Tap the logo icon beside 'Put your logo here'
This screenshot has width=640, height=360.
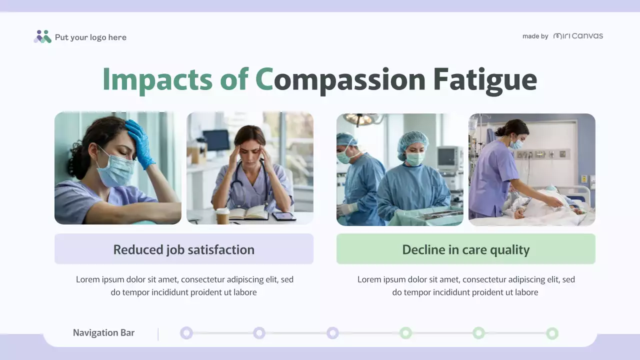point(42,36)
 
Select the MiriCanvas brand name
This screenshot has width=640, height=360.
point(578,36)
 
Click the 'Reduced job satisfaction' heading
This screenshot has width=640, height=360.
point(183,249)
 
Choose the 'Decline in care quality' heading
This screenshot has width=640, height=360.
point(465,249)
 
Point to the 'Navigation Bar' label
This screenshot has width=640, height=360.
point(103,333)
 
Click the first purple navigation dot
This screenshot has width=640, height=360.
point(186,333)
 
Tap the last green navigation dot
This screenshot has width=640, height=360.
point(552,333)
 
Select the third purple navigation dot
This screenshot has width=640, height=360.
point(332,333)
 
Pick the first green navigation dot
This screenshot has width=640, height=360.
point(405,333)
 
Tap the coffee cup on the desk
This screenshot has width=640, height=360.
point(222,216)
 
